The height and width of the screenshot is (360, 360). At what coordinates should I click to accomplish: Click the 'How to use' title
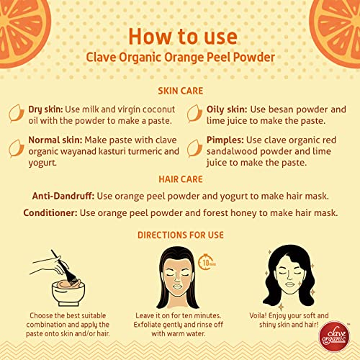[183, 37]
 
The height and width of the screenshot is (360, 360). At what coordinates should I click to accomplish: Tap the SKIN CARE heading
[181, 91]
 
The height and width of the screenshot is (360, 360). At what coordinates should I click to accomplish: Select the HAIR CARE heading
[181, 179]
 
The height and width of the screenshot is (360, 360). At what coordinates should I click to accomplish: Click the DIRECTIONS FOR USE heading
[181, 235]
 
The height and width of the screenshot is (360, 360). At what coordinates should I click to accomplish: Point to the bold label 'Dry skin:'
[45, 109]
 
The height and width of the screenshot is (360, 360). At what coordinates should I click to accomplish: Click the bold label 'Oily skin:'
[227, 109]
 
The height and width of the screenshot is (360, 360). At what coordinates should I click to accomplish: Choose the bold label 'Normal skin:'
[55, 140]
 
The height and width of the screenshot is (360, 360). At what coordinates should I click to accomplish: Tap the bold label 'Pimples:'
[225, 140]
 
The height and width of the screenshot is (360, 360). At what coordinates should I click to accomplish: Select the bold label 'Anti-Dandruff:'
[63, 196]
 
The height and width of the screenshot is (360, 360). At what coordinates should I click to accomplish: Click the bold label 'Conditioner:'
[50, 213]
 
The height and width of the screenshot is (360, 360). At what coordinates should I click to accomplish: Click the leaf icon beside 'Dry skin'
[17, 113]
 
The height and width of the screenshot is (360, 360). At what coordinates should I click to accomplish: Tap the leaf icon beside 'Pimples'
[194, 148]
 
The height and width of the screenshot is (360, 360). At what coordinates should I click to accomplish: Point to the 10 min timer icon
[207, 262]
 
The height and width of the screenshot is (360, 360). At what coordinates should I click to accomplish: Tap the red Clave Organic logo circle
[334, 336]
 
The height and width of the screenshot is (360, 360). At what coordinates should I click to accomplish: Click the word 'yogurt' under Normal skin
[42, 163]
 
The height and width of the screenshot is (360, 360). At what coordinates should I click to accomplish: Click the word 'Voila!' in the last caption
[258, 315]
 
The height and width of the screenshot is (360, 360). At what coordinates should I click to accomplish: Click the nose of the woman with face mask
[177, 278]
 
